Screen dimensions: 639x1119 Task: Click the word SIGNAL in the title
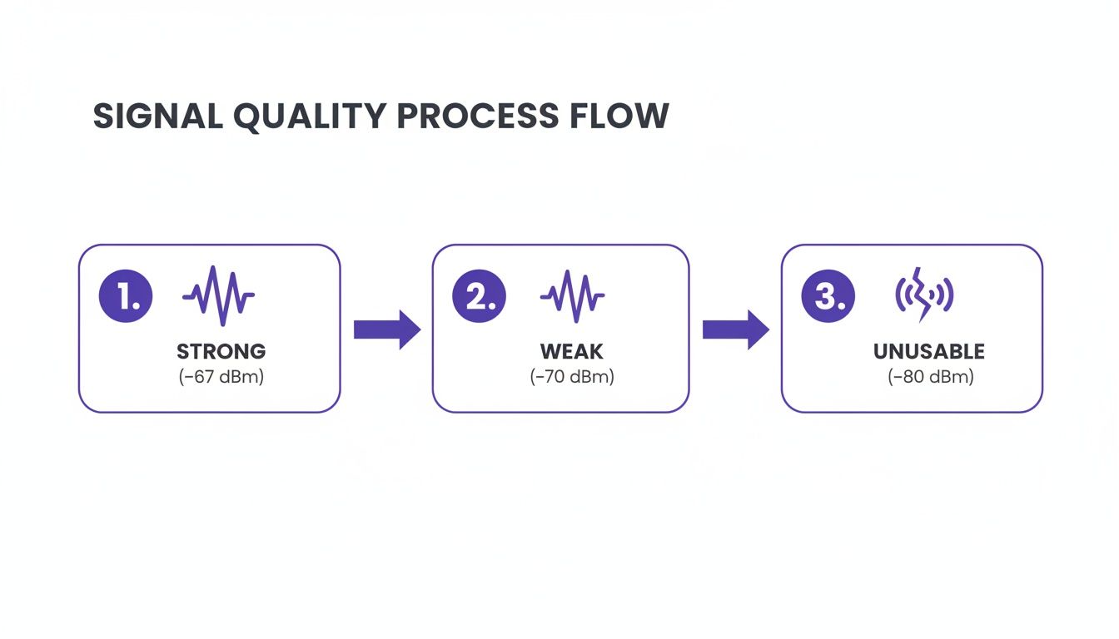156,116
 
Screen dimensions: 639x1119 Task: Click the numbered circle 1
126,295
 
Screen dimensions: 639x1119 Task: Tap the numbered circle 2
479,295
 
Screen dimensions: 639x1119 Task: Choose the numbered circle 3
828,295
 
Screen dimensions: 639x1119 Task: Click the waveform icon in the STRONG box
219,295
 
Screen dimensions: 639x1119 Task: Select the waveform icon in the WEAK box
572,295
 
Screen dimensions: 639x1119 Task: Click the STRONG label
221,351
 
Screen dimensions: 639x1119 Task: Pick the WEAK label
571,351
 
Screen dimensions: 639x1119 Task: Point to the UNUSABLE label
929,351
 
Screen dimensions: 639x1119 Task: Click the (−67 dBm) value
221,377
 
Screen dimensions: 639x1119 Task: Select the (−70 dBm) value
572,377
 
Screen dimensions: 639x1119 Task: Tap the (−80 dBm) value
930,377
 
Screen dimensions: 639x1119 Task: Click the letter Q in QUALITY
251,117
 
